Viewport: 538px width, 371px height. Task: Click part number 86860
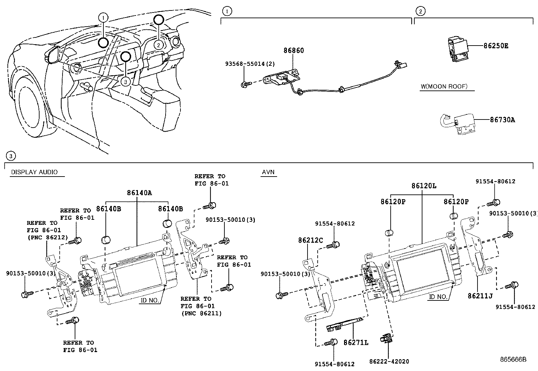click(x=293, y=51)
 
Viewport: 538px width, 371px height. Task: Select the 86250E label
click(x=496, y=46)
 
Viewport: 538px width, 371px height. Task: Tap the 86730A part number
click(x=503, y=120)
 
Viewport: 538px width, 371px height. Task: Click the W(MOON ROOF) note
click(x=444, y=86)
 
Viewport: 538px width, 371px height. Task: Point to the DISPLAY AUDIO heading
click(x=34, y=172)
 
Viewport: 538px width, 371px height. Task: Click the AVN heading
click(x=268, y=172)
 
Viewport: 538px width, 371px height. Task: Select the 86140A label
click(x=139, y=193)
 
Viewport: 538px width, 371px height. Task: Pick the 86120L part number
click(x=424, y=186)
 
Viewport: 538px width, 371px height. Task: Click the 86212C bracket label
click(x=310, y=240)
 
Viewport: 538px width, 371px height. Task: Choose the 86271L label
click(x=356, y=343)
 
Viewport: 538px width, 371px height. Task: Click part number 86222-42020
click(x=389, y=362)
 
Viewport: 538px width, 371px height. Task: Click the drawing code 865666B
click(x=513, y=359)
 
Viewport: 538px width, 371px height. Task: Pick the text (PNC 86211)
click(x=201, y=313)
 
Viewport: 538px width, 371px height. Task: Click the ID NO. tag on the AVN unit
click(x=438, y=297)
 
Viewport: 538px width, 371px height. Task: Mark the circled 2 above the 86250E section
click(x=420, y=11)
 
